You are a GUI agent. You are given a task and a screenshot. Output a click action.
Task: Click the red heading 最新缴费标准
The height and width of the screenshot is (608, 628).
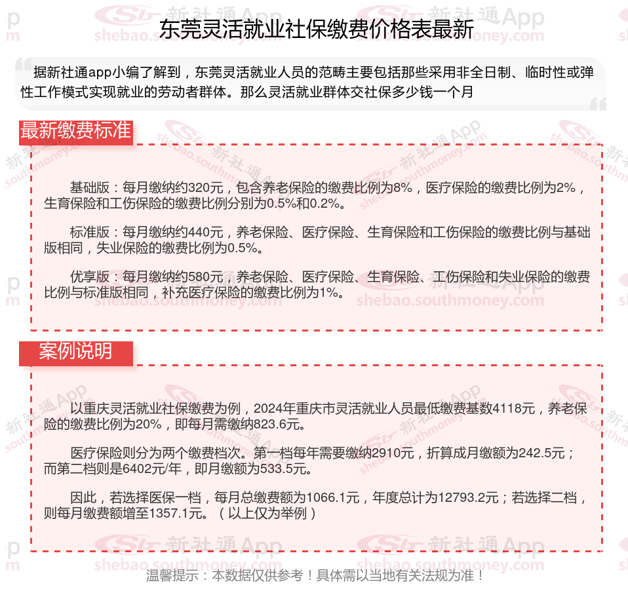(x=75, y=130)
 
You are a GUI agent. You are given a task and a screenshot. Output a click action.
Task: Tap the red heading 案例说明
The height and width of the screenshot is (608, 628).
(x=75, y=351)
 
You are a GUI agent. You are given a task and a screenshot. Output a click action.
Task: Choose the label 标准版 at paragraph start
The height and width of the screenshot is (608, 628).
(x=90, y=233)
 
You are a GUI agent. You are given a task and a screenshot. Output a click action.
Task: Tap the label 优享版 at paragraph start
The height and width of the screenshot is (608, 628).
(x=90, y=277)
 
